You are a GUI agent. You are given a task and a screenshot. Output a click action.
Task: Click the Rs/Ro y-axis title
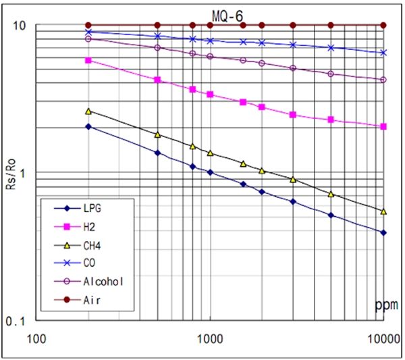click(x=11, y=175)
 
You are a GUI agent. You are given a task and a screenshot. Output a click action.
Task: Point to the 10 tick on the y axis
click(x=20, y=26)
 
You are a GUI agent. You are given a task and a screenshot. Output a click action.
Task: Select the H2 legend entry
click(x=88, y=226)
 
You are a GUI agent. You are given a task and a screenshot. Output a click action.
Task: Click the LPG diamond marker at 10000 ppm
click(x=384, y=232)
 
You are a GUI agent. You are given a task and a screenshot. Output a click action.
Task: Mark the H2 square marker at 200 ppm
click(x=88, y=60)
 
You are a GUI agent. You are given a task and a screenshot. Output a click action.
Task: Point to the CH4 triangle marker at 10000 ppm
click(x=384, y=211)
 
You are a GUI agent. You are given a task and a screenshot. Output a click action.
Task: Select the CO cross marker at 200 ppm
click(x=88, y=32)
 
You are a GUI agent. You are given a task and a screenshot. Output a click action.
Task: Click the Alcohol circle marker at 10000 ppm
click(x=384, y=80)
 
